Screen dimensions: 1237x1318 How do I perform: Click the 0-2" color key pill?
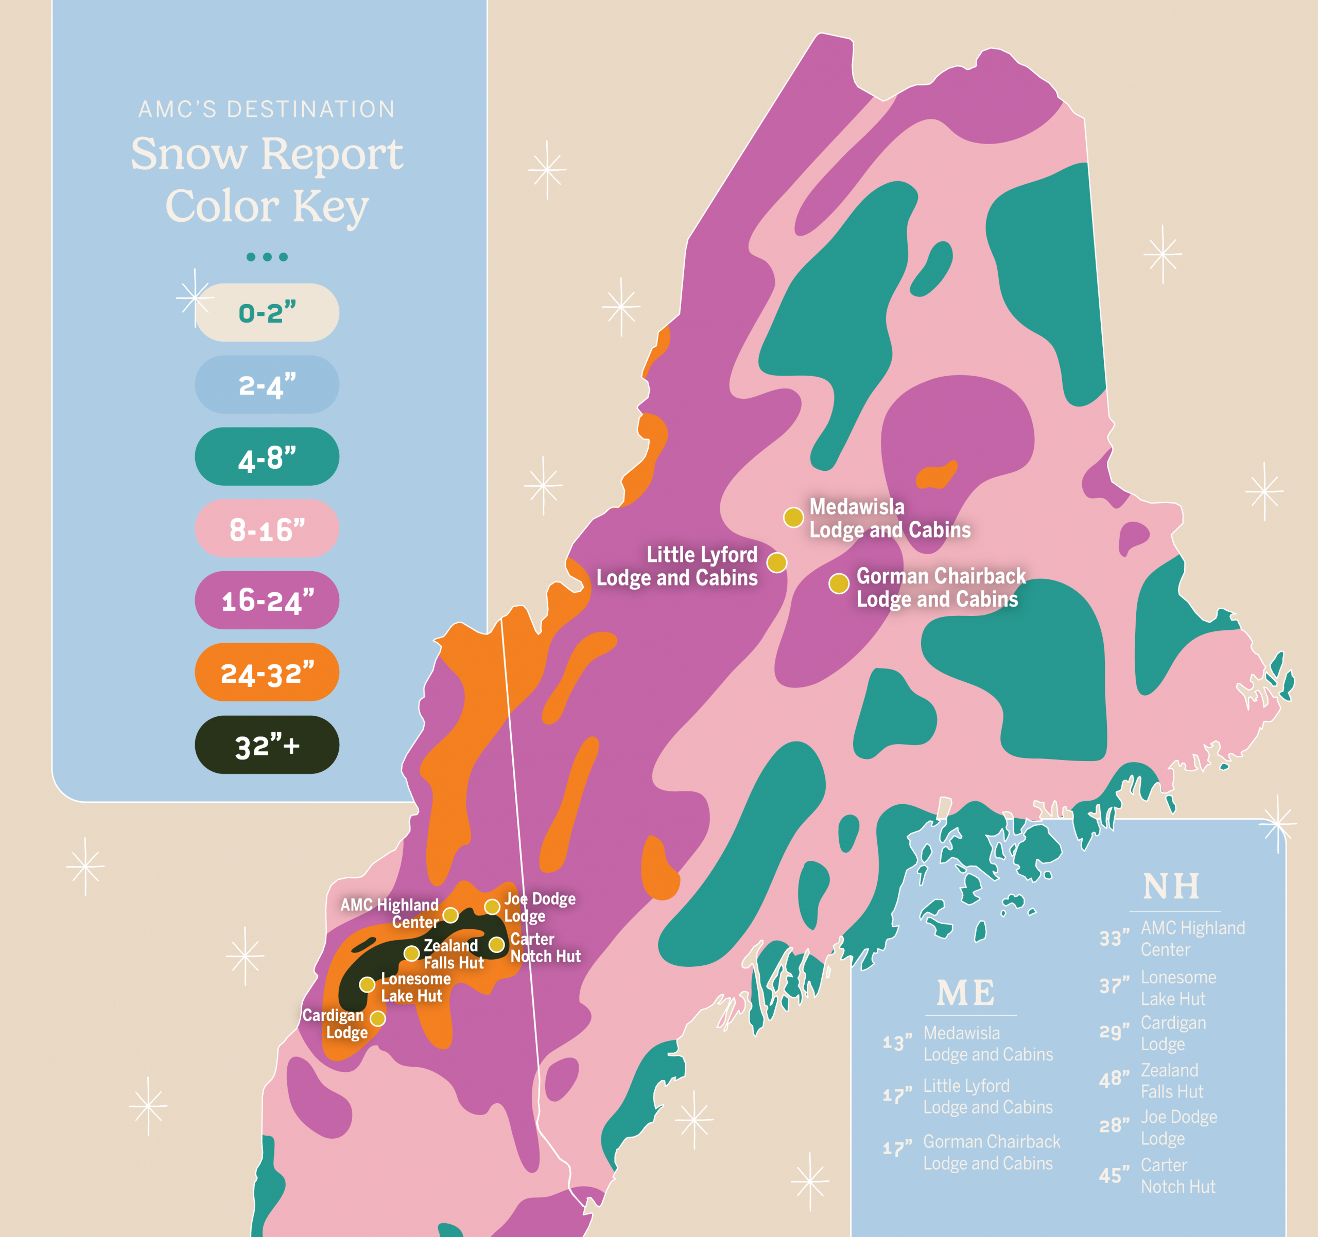(x=267, y=313)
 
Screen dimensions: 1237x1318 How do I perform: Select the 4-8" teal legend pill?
(x=267, y=457)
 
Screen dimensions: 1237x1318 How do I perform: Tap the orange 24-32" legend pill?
(x=267, y=673)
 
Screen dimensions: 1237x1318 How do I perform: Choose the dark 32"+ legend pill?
(x=267, y=745)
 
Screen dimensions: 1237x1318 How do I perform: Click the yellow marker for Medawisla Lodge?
(x=793, y=518)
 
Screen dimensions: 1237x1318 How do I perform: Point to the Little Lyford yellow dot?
(x=777, y=562)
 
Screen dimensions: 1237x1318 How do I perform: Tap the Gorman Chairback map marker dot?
(x=839, y=584)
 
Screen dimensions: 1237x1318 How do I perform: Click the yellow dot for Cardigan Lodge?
(x=378, y=1018)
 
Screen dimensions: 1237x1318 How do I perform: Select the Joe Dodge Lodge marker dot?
(x=492, y=906)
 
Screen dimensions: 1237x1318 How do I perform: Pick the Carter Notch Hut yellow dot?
(x=497, y=944)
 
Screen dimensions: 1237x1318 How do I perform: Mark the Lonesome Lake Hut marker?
(x=367, y=984)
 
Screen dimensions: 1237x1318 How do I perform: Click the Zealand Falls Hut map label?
(x=454, y=954)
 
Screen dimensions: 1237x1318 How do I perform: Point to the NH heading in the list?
(x=1171, y=887)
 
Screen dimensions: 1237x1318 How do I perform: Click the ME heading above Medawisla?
(x=966, y=993)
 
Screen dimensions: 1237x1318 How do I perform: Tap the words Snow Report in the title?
(x=267, y=154)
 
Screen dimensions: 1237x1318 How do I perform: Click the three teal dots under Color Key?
(x=267, y=257)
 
